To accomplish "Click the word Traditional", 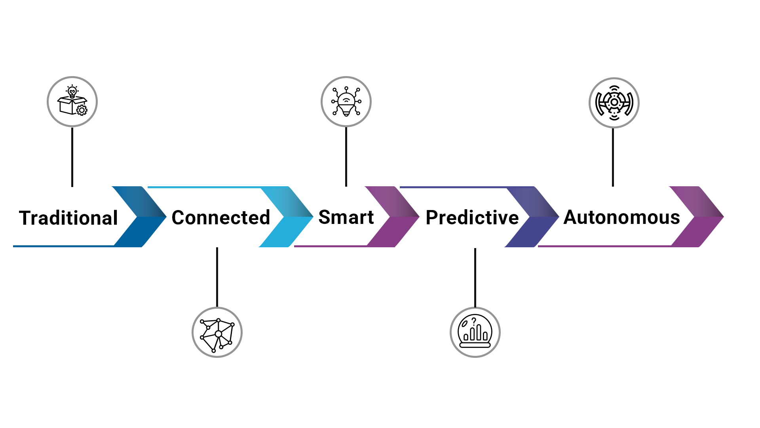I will [x=68, y=218].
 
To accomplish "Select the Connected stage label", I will [x=221, y=218].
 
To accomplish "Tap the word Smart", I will [x=346, y=217].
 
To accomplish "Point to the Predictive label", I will [x=472, y=218].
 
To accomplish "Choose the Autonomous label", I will [x=621, y=217].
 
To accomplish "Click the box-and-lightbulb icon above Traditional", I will [x=72, y=101].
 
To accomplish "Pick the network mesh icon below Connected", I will [x=217, y=332].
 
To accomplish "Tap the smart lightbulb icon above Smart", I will [x=346, y=101].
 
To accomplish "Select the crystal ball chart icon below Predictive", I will [x=475, y=332].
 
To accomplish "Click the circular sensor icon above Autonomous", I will [x=614, y=103].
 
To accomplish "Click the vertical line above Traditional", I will [x=72, y=157].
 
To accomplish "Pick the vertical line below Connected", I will [x=217, y=277].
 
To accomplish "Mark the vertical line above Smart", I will [x=346, y=157].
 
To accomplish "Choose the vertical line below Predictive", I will [x=475, y=277].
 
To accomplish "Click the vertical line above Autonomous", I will [x=613, y=157].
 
